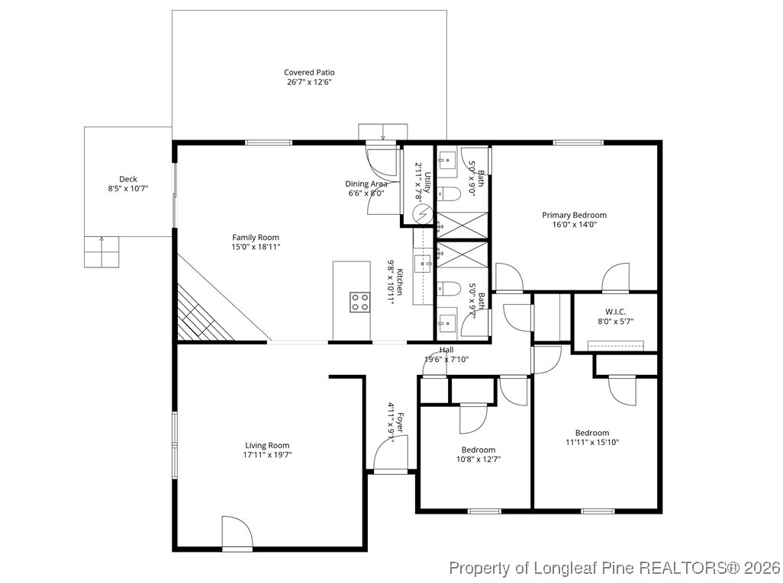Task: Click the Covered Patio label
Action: tap(309, 72)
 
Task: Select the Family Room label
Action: tap(256, 237)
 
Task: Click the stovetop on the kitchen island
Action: tap(360, 302)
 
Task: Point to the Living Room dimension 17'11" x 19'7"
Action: tap(267, 455)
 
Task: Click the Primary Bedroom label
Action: tap(574, 215)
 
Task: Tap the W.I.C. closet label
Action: tap(614, 311)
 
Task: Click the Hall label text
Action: tap(446, 350)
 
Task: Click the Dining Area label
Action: tap(366, 184)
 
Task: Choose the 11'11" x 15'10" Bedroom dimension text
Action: tap(592, 442)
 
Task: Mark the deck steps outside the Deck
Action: tap(101, 251)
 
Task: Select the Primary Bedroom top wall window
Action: tap(578, 143)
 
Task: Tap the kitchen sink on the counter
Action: tap(422, 264)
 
